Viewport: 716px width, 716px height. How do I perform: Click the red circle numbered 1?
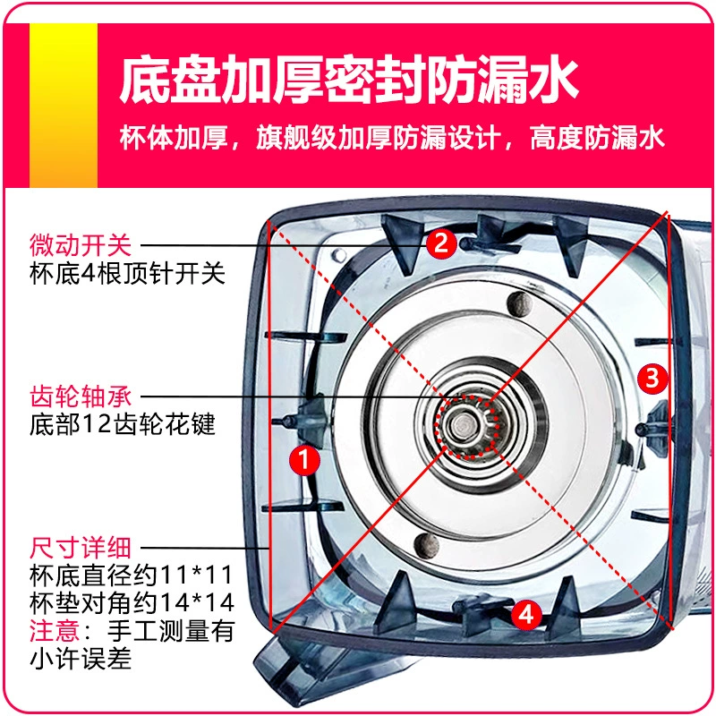[304, 459]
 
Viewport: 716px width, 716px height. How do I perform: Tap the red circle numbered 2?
[441, 243]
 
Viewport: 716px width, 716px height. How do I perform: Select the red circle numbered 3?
[652, 378]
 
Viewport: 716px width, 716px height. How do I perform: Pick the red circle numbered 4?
[526, 614]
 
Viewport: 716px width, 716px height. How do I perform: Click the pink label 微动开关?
[81, 245]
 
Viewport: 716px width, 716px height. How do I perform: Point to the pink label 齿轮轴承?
[81, 396]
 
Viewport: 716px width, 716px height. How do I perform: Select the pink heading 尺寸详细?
[81, 548]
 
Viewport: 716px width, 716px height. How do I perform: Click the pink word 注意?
[55, 631]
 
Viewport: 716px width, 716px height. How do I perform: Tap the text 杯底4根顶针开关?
[127, 274]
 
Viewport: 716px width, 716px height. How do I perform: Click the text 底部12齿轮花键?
[123, 424]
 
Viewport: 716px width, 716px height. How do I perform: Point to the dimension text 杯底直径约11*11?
[132, 575]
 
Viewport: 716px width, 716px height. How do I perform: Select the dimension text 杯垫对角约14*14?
[132, 602]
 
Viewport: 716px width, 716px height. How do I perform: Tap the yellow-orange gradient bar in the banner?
[64, 105]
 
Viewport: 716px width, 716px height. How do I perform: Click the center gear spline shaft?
[465, 427]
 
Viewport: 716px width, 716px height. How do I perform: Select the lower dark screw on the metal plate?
[427, 544]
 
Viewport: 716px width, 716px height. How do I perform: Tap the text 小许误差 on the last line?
[81, 659]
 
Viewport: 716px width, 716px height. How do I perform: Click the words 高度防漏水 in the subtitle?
[596, 137]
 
